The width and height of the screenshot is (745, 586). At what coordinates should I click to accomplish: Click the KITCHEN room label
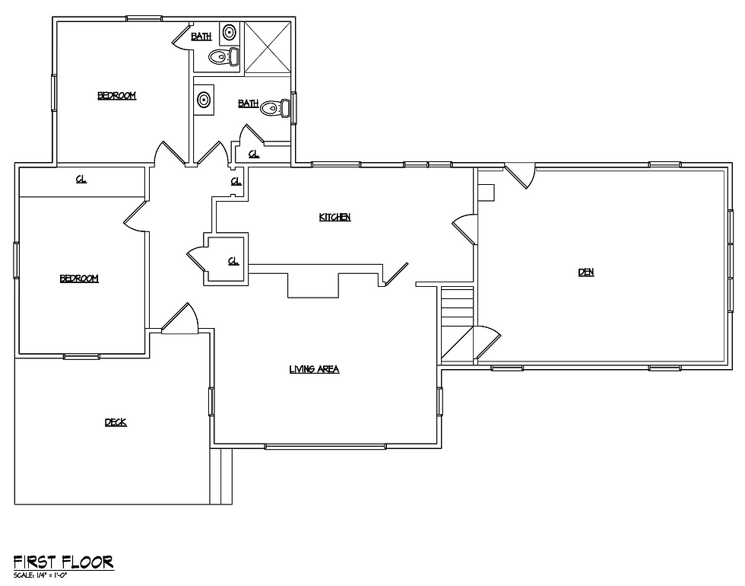(334, 217)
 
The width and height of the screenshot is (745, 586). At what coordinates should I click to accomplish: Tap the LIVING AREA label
(314, 369)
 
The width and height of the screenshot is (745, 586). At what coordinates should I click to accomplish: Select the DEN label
(586, 272)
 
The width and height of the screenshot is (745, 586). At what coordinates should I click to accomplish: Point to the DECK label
(116, 422)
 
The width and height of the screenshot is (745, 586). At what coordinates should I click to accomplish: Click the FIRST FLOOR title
(63, 562)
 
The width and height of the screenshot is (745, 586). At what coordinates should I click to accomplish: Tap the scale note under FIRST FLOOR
(40, 575)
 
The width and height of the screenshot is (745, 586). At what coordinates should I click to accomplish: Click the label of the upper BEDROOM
(117, 96)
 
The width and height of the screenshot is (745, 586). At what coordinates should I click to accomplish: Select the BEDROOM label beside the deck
(79, 279)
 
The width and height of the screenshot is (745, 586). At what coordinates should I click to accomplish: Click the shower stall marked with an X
(267, 47)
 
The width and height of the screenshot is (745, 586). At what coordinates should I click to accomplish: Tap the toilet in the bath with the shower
(224, 56)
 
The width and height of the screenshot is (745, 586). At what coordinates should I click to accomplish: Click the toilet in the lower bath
(275, 108)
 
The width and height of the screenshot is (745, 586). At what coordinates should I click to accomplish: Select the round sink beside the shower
(229, 32)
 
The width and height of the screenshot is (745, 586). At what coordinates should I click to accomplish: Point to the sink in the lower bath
(204, 100)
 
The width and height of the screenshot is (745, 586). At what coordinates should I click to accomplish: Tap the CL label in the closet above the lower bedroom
(81, 180)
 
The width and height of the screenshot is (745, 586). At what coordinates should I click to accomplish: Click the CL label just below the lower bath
(254, 154)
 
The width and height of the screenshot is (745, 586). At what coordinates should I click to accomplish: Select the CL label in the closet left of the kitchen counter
(233, 261)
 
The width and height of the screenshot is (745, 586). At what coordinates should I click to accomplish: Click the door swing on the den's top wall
(520, 175)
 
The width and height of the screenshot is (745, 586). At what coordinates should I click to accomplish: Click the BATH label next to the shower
(201, 37)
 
